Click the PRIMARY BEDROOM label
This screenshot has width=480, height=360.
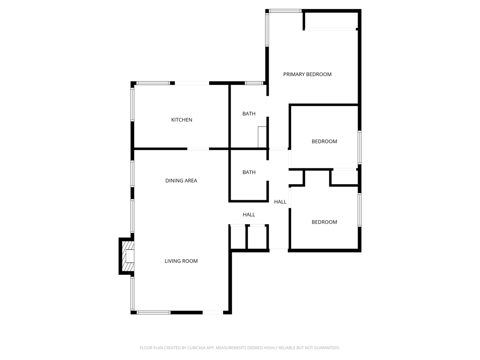[307, 74]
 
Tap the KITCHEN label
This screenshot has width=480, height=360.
[181, 120]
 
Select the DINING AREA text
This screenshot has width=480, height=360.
[181, 180]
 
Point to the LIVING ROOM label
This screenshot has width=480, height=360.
[181, 261]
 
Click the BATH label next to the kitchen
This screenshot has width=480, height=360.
[249, 114]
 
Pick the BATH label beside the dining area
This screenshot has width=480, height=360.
[249, 172]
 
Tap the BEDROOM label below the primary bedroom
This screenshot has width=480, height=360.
[324, 142]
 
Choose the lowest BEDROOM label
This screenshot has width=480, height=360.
[324, 222]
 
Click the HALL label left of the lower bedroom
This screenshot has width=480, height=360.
[280, 202]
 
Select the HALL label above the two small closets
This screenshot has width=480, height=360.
[249, 215]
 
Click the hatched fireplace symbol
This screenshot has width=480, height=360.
[127, 256]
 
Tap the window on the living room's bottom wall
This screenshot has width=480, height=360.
[154, 312]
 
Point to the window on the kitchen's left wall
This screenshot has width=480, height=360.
[133, 105]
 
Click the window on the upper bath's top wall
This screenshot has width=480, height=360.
[254, 83]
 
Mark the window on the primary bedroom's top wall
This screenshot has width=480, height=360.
[285, 10]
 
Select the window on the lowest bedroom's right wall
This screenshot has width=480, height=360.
[360, 210]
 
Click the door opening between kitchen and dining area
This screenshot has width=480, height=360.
[198, 149]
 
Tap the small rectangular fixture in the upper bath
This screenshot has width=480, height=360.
[262, 137]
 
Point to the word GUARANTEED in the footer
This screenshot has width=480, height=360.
[324, 348]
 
